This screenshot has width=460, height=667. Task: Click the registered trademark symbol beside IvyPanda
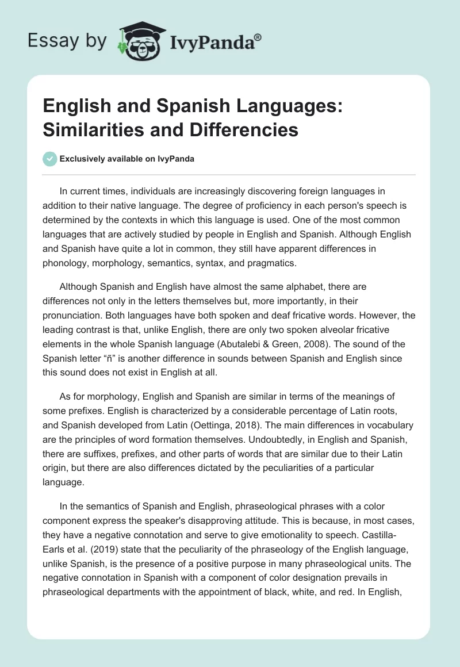tap(258, 37)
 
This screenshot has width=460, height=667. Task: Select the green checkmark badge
tap(51, 159)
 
